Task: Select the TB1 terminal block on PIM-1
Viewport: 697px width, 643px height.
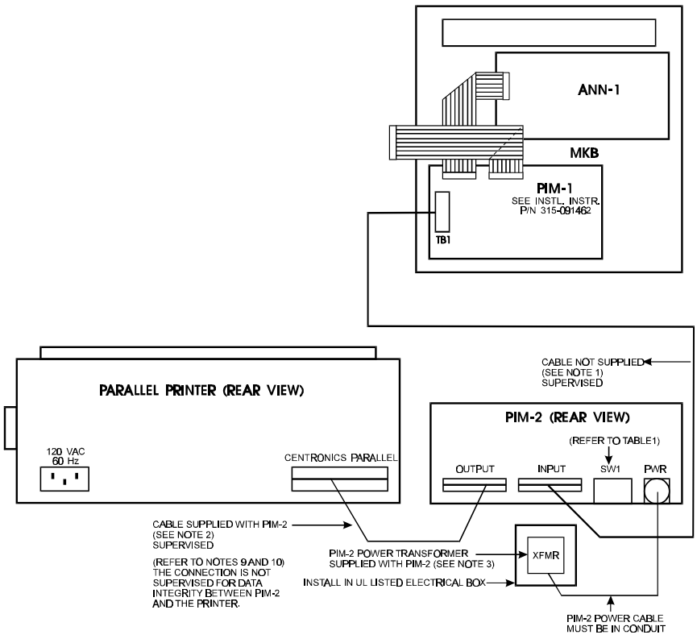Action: pyautogui.click(x=442, y=213)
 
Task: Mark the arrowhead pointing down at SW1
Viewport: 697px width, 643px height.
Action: pyautogui.click(x=609, y=464)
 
